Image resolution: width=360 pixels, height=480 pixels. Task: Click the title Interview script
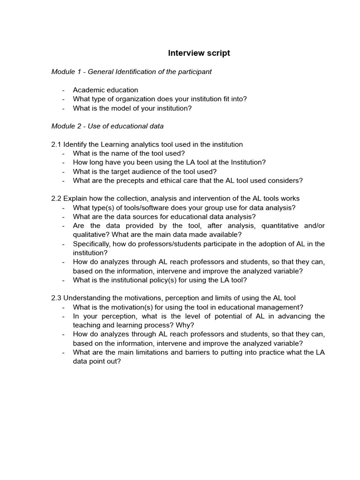tap(199, 53)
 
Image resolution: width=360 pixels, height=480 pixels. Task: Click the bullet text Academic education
tap(105, 90)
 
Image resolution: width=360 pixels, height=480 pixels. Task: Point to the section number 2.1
tap(56, 144)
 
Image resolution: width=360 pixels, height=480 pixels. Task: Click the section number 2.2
tap(56, 199)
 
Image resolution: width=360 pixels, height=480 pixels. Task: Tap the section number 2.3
tap(56, 298)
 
